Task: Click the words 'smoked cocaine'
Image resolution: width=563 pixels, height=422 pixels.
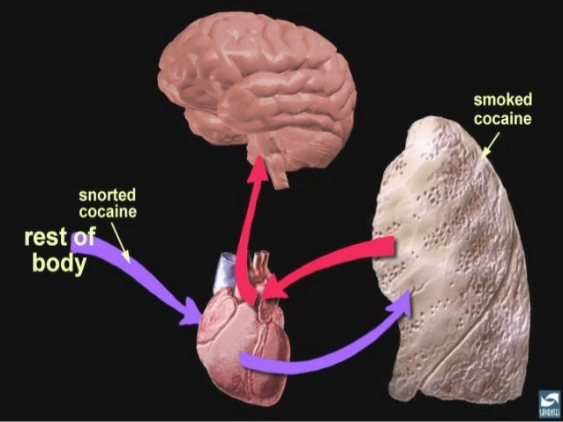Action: [x=502, y=110]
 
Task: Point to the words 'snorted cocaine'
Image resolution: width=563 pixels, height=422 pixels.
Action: [x=108, y=203]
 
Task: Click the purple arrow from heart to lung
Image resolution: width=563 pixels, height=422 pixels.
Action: [x=327, y=352]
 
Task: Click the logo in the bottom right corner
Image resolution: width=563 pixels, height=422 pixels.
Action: [x=547, y=402]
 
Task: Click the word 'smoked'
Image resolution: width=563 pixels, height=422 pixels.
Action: [x=502, y=102]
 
